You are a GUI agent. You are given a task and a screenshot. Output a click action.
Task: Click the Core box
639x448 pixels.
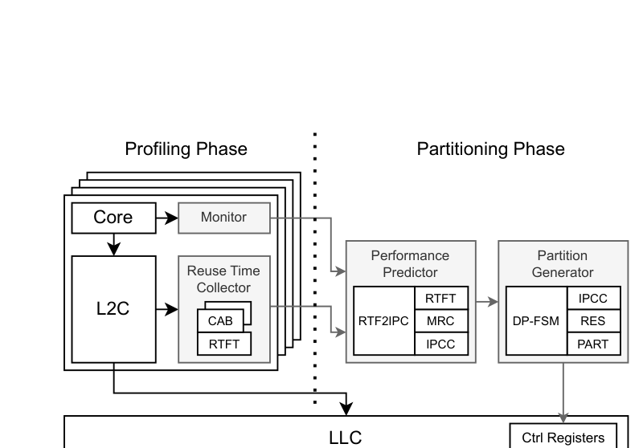click(x=113, y=217)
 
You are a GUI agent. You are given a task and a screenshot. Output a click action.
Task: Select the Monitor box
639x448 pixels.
click(x=223, y=217)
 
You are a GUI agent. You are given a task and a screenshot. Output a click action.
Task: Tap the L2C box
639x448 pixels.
click(x=113, y=308)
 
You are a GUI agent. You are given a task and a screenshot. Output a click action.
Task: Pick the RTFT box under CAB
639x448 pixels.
click(x=223, y=344)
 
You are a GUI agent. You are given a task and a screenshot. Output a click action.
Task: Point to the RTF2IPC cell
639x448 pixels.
click(x=383, y=321)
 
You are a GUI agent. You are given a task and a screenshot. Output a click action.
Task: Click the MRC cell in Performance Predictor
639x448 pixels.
click(x=440, y=321)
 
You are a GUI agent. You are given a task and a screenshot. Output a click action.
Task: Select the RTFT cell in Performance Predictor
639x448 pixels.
click(x=440, y=299)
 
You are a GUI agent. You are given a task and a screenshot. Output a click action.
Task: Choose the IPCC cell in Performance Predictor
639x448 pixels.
click(x=440, y=344)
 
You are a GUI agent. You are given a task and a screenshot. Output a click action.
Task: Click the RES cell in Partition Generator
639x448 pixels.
click(x=592, y=321)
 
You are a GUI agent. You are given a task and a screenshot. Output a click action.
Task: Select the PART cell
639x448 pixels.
click(x=592, y=344)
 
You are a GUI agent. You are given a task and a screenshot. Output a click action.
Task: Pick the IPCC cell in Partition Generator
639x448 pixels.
click(x=592, y=299)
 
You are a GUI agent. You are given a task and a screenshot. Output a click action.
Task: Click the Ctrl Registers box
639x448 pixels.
click(x=563, y=437)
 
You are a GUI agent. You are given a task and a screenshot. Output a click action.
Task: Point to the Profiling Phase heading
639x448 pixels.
click(x=186, y=149)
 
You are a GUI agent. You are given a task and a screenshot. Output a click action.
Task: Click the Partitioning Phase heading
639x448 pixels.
click(x=490, y=149)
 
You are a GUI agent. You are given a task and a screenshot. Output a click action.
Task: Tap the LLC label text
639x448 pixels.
click(x=346, y=438)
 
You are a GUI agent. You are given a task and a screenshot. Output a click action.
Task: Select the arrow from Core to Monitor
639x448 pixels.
click(x=166, y=217)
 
